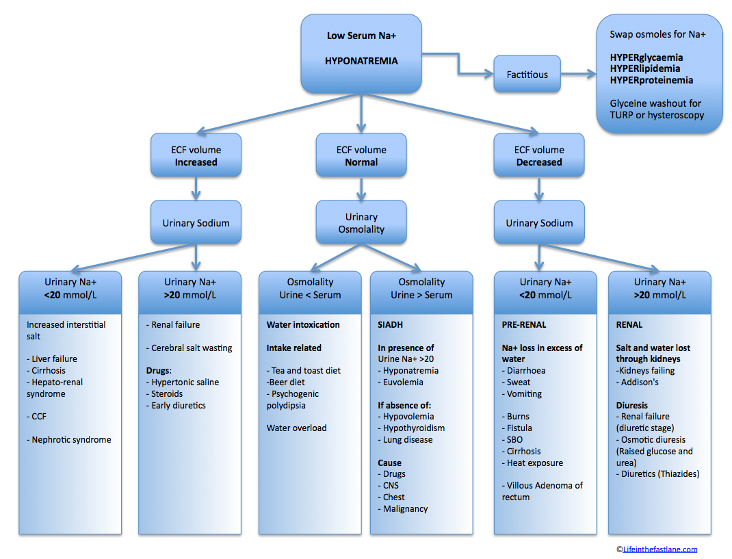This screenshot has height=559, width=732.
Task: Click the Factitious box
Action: pos(527,75)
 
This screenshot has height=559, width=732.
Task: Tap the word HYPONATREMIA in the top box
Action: pos(361,61)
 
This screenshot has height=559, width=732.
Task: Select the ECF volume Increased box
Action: pos(196,155)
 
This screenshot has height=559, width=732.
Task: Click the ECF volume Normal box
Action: pos(361,155)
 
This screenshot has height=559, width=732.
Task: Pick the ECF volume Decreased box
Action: pos(539,155)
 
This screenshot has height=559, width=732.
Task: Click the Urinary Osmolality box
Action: pos(361,223)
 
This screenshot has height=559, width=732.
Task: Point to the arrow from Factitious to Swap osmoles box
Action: pos(578,74)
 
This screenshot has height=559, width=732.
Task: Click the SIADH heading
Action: pos(390,324)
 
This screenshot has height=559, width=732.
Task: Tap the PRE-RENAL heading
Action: pos(524,324)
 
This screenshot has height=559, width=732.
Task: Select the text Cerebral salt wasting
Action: pos(192,348)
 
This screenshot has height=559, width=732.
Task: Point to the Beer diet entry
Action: pos(287,382)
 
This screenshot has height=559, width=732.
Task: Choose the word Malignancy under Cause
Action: pos(405,508)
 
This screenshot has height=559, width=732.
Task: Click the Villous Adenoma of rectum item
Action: pos(543,491)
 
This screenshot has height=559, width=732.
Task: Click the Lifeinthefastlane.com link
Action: pos(660,549)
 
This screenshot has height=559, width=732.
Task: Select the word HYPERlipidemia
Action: pos(644,68)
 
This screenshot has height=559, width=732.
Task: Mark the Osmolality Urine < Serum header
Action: pos(310,289)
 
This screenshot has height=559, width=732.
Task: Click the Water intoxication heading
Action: pos(303,324)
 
